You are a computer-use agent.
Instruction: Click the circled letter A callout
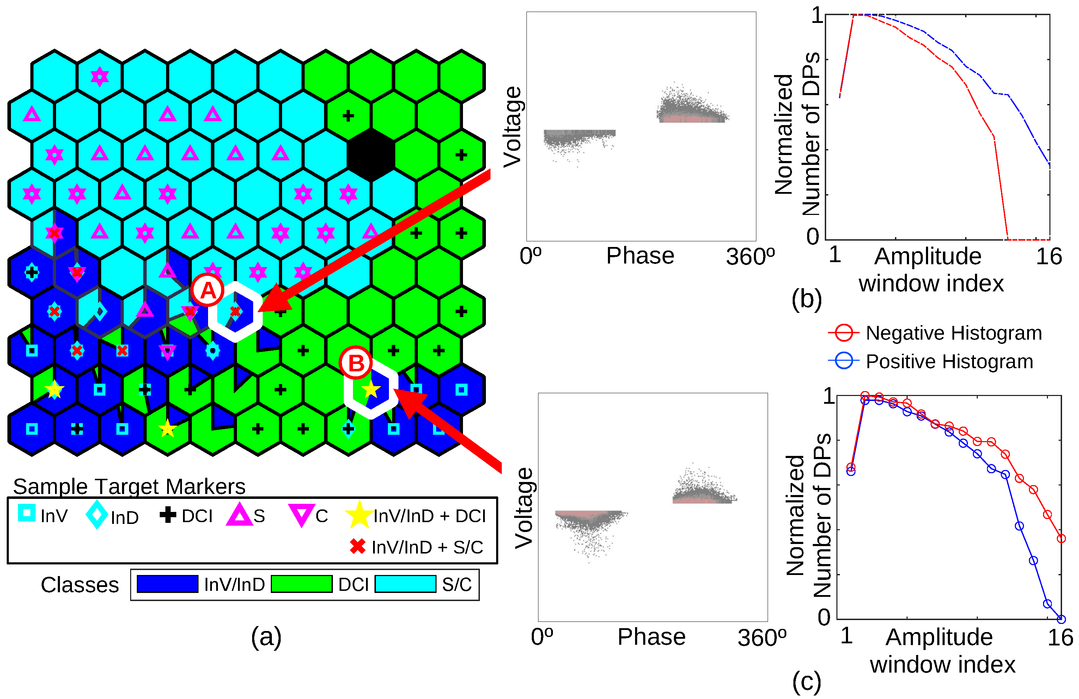click(x=208, y=290)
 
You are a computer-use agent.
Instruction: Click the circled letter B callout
click(x=356, y=363)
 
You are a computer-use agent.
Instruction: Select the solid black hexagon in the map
click(x=371, y=155)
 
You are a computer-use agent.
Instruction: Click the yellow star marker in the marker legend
click(x=359, y=515)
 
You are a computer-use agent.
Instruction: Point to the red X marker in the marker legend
click(x=358, y=546)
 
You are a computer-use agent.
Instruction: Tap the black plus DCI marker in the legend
click(x=168, y=515)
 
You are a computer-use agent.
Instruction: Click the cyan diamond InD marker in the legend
click(x=97, y=515)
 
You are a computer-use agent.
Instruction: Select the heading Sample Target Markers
click(x=129, y=487)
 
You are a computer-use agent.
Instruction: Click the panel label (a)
click(x=266, y=637)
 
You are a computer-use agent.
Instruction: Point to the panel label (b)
click(x=806, y=298)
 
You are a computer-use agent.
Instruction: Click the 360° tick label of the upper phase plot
click(x=750, y=256)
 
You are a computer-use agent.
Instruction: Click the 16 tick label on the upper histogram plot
click(x=1049, y=256)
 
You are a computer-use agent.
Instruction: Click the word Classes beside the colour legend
click(x=80, y=585)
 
